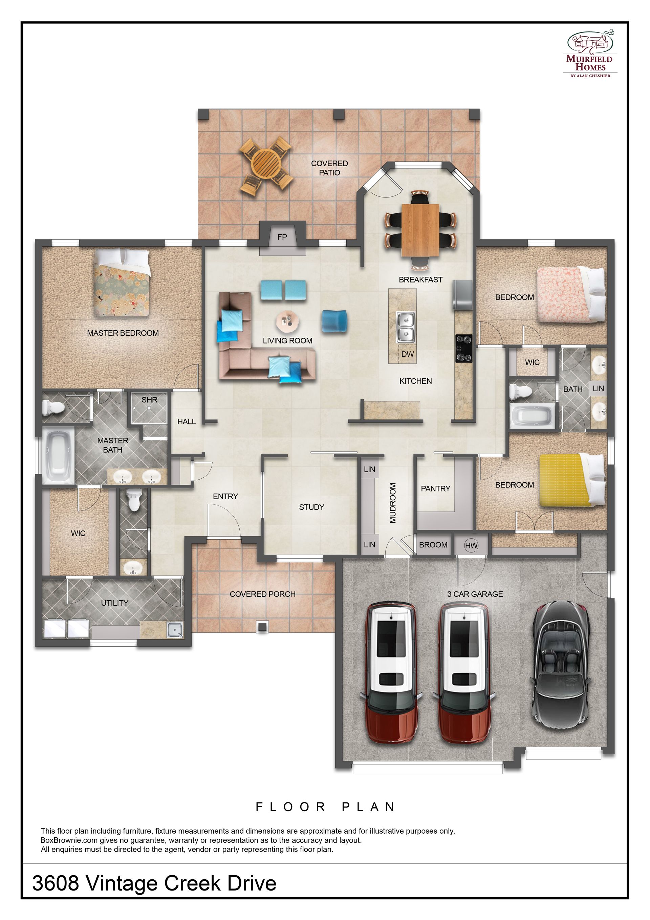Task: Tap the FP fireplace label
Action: (282, 237)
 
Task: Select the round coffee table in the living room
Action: (287, 321)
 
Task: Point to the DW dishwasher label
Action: (407, 354)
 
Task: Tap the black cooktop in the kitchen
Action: (463, 349)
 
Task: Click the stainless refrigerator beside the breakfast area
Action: (462, 295)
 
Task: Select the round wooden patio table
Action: (265, 165)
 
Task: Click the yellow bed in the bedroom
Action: (571, 480)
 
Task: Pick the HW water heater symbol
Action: (471, 545)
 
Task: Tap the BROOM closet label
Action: (433, 545)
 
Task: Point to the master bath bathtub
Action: (59, 456)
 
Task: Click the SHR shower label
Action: (149, 400)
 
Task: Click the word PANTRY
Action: (435, 488)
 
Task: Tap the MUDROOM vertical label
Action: (393, 503)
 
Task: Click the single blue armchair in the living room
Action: (334, 321)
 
